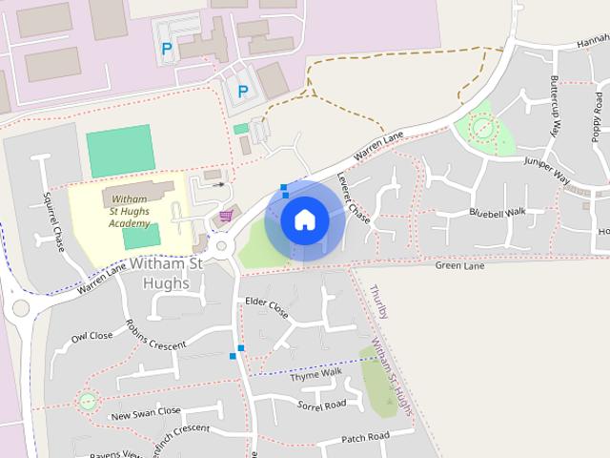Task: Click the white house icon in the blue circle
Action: point(305,219)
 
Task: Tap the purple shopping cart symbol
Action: point(226,217)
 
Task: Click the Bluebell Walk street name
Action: point(498,211)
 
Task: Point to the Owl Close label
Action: point(91,336)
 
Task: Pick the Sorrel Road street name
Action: point(321,406)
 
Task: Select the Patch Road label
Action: point(365,437)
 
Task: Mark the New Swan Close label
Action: point(145,412)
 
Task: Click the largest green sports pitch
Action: point(119,151)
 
